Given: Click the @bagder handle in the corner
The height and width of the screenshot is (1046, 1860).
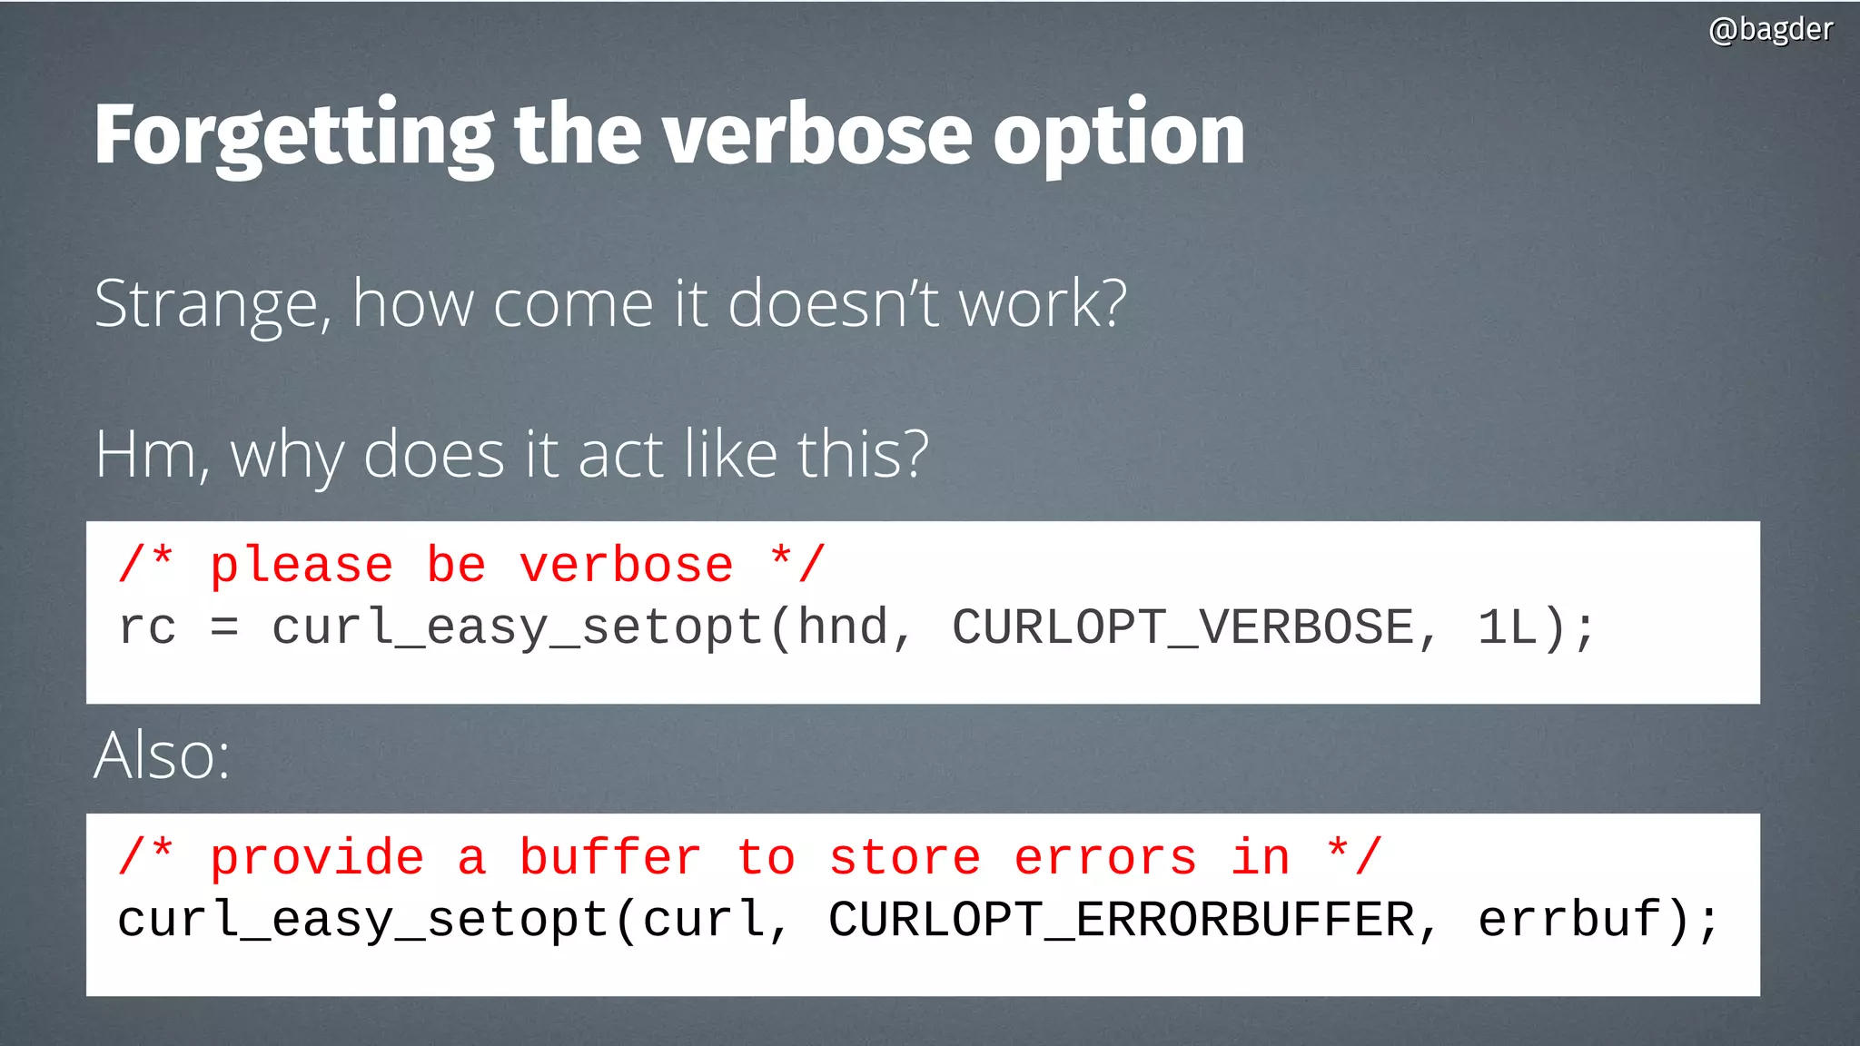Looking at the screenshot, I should tap(1770, 30).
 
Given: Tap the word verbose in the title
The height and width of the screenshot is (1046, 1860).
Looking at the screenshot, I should tap(817, 136).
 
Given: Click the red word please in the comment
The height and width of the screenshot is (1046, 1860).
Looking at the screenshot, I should tap(302, 566).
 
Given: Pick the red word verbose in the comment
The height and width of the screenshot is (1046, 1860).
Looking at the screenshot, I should tap(626, 566).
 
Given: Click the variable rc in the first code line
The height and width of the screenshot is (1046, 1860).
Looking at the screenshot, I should tap(147, 627).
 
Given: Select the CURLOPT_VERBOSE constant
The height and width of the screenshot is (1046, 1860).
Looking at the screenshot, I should tap(1182, 627).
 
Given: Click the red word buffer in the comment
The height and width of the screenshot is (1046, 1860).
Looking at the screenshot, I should tap(609, 858).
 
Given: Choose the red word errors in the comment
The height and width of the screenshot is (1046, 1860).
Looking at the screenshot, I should tap(1105, 858).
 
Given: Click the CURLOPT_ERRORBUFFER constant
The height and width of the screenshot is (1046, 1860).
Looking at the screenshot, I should tap(1121, 920).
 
